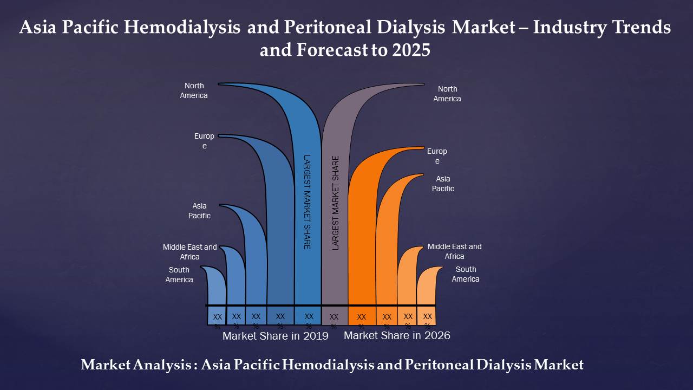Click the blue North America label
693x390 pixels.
click(194, 90)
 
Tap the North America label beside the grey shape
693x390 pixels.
click(447, 94)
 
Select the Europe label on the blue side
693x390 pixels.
click(204, 141)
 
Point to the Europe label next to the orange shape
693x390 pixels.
click(437, 156)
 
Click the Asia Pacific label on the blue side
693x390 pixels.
click(199, 211)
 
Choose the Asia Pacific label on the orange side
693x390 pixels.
click(443, 184)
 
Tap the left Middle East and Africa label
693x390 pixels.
click(189, 252)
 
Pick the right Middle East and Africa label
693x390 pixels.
click(454, 251)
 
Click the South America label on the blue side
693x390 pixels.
click(179, 275)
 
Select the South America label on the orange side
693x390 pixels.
click(466, 274)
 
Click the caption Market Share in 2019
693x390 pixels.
click(276, 336)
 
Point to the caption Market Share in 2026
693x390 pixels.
click(397, 335)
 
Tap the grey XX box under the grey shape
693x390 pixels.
click(335, 316)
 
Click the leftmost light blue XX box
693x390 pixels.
click(217, 316)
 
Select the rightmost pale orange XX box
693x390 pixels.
click(426, 316)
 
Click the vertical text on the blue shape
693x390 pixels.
click(307, 202)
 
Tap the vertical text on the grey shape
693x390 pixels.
click(335, 203)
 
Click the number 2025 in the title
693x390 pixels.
click(411, 50)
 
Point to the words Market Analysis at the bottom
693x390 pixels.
click(136, 365)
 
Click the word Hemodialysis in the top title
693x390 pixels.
click(182, 27)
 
